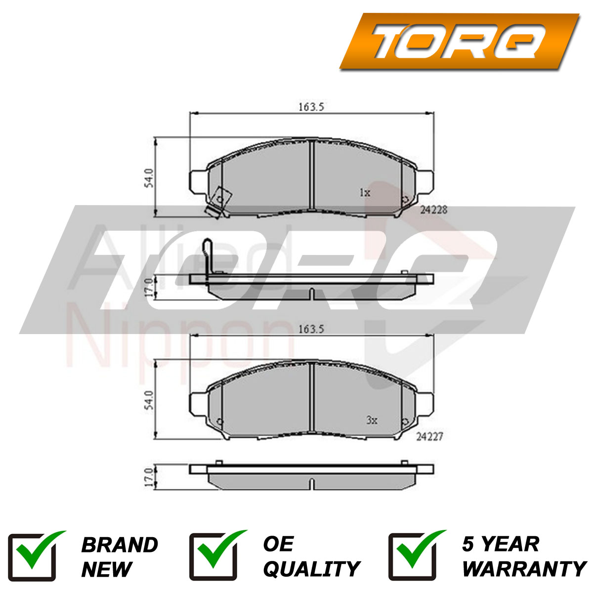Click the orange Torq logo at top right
[x=459, y=41]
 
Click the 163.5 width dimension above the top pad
[x=311, y=107]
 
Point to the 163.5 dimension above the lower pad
[x=311, y=329]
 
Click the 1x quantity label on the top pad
[x=365, y=193]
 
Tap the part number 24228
[x=433, y=210]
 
